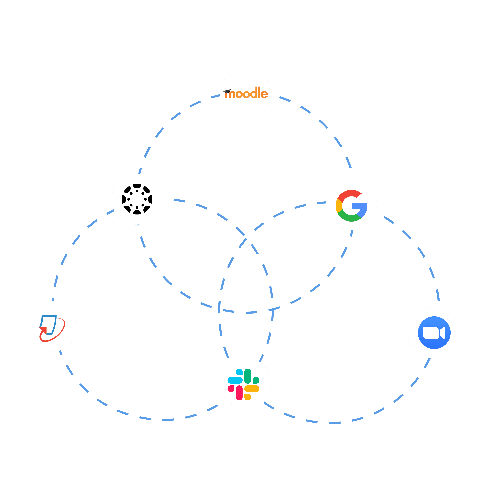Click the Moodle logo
[x=246, y=93]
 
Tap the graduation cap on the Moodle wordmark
[x=227, y=91]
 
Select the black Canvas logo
[x=137, y=199]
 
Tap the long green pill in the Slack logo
[x=248, y=376]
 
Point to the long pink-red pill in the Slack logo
[x=239, y=393]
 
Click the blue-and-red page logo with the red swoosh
[x=52, y=327]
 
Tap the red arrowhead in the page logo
[x=44, y=330]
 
